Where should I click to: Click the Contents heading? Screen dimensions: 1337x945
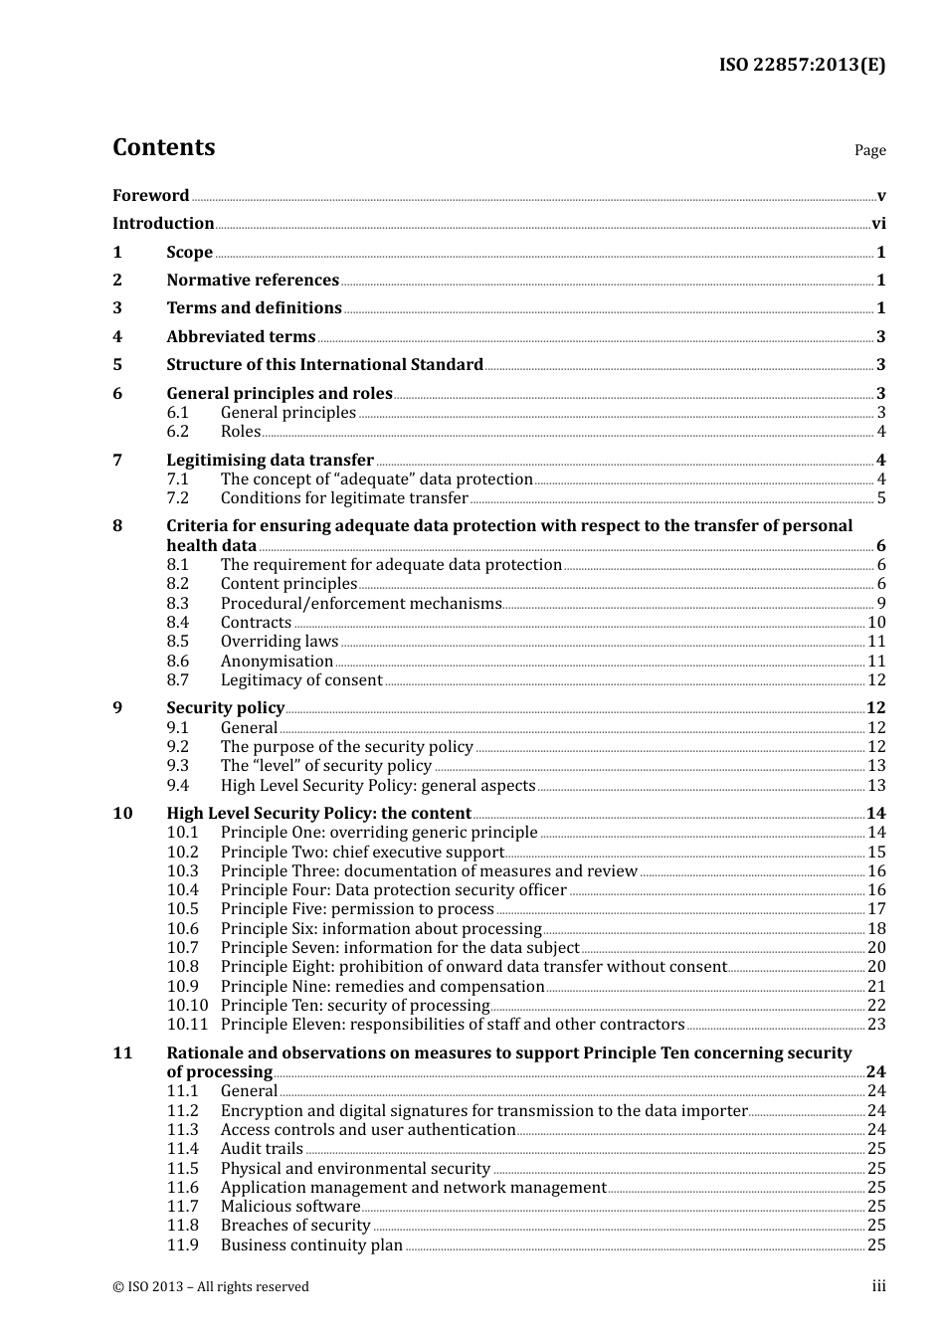(x=163, y=147)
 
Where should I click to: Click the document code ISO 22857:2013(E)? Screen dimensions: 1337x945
(x=802, y=65)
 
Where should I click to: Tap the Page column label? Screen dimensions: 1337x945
(x=869, y=150)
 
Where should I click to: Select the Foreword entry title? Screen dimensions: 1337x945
(x=150, y=196)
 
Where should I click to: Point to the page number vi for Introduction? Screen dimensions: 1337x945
(x=878, y=224)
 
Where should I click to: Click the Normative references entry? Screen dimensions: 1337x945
(x=253, y=281)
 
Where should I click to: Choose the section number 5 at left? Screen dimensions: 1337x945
(x=117, y=365)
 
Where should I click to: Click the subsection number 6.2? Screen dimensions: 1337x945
(x=177, y=432)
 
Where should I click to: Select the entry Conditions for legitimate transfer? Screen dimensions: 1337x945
(x=344, y=498)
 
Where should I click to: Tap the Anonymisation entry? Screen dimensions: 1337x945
(x=277, y=662)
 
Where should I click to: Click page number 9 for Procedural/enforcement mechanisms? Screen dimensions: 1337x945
(x=881, y=604)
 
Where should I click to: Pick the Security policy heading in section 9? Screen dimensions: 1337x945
(x=225, y=708)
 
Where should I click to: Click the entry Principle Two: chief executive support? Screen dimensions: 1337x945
(x=362, y=853)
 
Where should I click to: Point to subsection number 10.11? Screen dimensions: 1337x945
(x=187, y=1025)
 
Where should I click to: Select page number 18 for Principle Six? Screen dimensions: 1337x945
(x=876, y=929)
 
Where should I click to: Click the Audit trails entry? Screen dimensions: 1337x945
(x=262, y=1149)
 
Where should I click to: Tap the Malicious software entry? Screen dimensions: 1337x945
(x=289, y=1207)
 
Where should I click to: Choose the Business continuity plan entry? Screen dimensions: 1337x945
(x=311, y=1245)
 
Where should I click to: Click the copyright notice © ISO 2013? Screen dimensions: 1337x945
(x=211, y=1287)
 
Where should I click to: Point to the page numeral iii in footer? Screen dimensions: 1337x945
(x=879, y=1286)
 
